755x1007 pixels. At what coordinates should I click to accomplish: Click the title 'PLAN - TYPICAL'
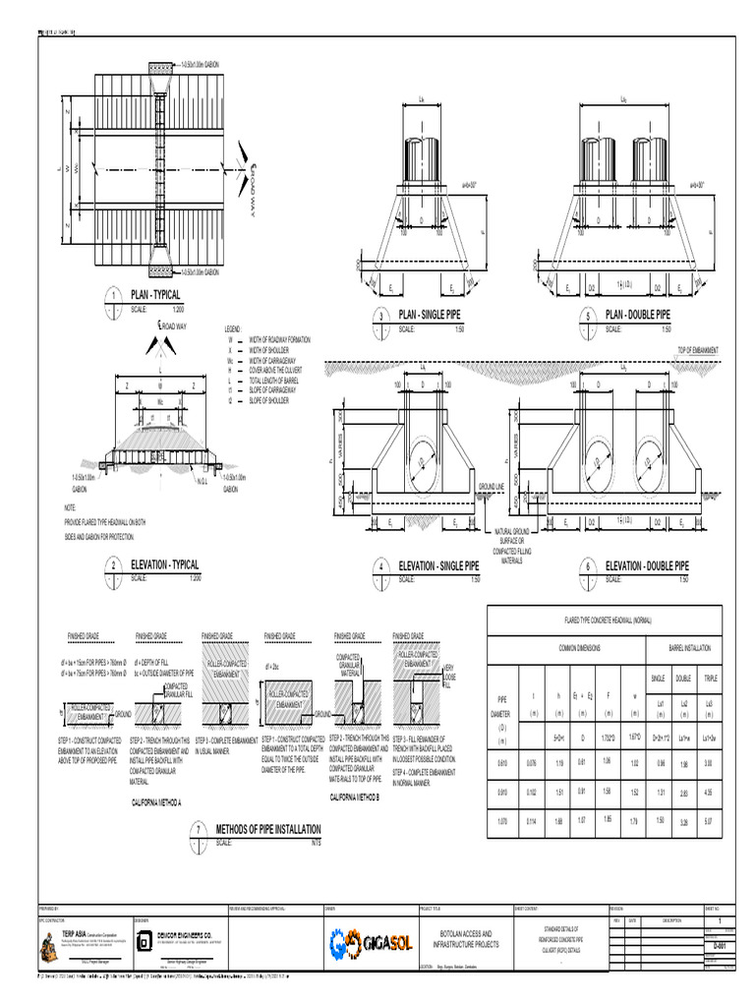pyautogui.click(x=155, y=295)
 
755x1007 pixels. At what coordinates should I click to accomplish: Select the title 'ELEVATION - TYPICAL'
pyautogui.click(x=165, y=565)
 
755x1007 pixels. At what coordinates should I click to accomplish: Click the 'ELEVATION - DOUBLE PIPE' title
pyautogui.click(x=647, y=566)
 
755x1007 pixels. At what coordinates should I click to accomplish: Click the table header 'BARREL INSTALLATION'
pyautogui.click(x=684, y=649)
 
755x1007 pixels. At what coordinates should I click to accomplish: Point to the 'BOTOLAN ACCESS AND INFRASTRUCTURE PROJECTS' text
pyautogui.click(x=460, y=938)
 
